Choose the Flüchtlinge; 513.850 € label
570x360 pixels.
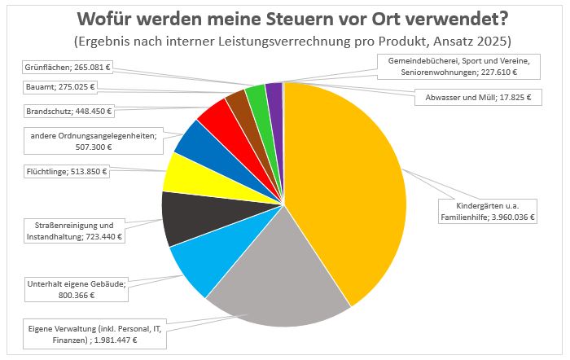tap(67, 172)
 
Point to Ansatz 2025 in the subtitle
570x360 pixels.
tap(481, 40)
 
